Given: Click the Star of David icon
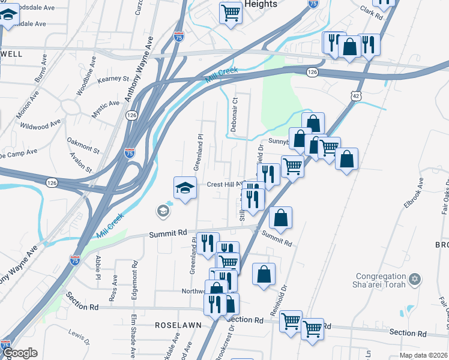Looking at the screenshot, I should point(414,280).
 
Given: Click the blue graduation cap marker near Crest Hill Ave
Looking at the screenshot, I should point(185,188).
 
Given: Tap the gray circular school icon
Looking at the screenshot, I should point(162,211).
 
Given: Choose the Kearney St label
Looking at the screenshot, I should point(113,79).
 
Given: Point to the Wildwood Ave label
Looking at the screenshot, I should point(40,125).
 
